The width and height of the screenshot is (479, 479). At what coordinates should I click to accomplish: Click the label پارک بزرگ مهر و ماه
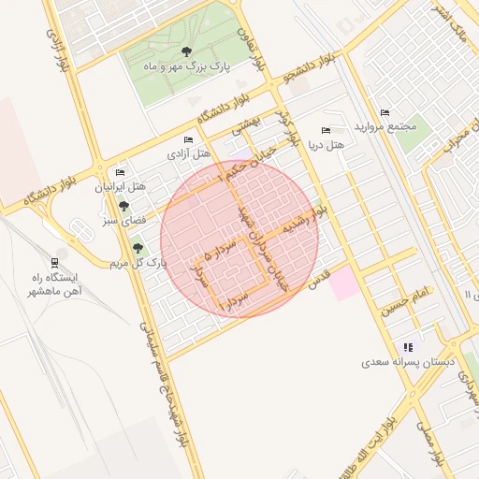pyautogui.click(x=185, y=67)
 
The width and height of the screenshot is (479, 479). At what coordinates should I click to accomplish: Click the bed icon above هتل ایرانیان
pyautogui.click(x=120, y=173)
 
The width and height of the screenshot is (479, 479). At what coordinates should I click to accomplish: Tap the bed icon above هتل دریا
pyautogui.click(x=326, y=130)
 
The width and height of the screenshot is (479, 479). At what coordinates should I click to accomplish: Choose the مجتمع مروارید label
pyautogui.click(x=384, y=126)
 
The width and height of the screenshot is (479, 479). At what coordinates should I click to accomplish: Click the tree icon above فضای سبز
pyautogui.click(x=123, y=206)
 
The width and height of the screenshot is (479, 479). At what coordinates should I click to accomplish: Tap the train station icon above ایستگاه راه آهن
pyautogui.click(x=56, y=263)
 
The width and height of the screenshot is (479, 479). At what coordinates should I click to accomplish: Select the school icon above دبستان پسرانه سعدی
pyautogui.click(x=408, y=347)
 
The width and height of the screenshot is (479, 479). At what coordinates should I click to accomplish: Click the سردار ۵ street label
pyautogui.click(x=220, y=251)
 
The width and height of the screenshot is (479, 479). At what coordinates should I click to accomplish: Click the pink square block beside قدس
pyautogui.click(x=343, y=283)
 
